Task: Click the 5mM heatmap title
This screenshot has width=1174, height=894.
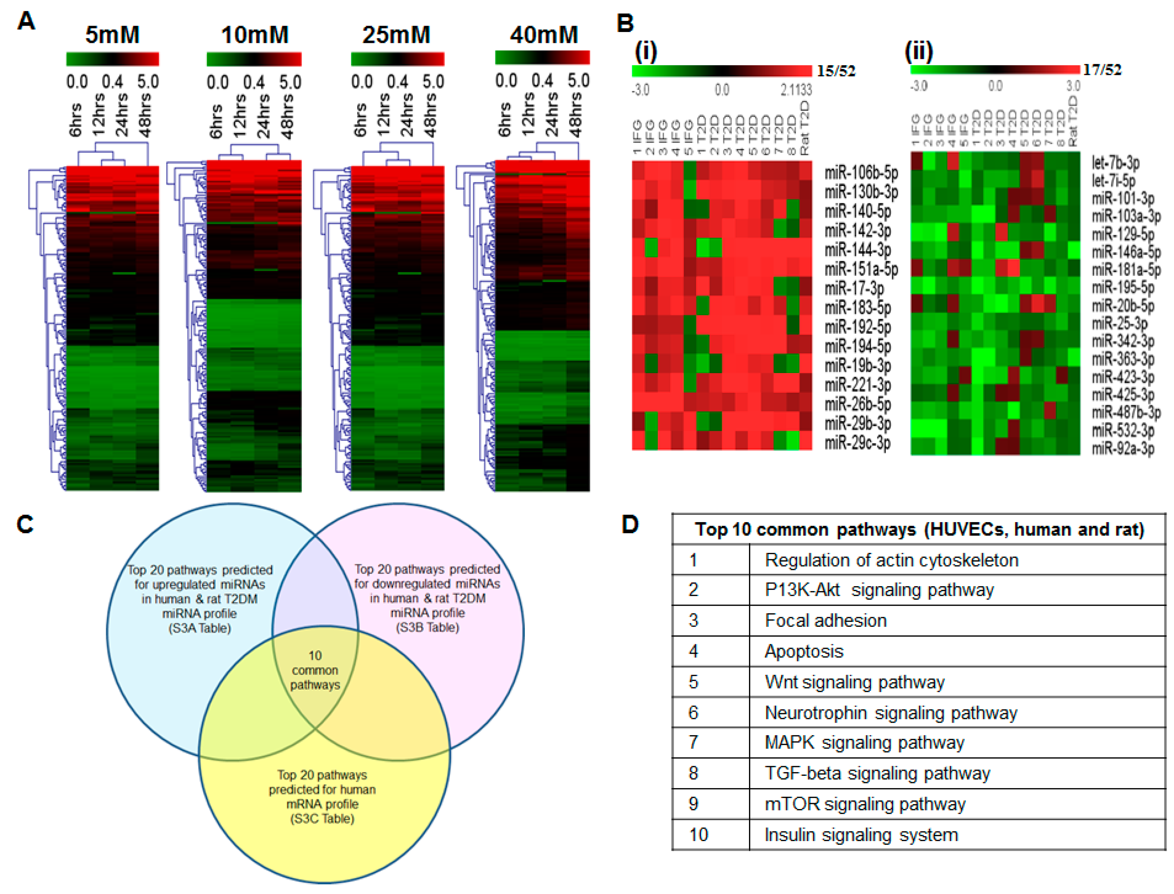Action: coord(112,35)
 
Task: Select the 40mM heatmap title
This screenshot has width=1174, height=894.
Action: coord(544,35)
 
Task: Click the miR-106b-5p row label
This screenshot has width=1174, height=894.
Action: coord(861,173)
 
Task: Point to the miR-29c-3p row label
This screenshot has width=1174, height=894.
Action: coord(857,442)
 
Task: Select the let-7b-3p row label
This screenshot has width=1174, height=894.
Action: coord(1115,163)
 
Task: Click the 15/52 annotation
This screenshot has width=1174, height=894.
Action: coord(836,71)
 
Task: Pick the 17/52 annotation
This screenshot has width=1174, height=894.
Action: coord(1102,70)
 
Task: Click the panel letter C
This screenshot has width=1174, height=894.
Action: coord(25,524)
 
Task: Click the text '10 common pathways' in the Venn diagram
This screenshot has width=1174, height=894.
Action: coord(315,670)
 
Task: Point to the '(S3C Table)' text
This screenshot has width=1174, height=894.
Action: coord(322,818)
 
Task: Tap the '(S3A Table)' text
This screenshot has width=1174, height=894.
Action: coord(200,628)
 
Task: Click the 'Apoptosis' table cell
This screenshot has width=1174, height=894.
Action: coord(804,651)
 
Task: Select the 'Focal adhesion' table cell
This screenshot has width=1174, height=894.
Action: coord(826,620)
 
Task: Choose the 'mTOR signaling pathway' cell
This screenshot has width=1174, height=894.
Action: coord(865,803)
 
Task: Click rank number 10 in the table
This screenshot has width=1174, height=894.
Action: coord(699,834)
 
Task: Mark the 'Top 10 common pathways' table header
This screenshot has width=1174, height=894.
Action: coord(919,530)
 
